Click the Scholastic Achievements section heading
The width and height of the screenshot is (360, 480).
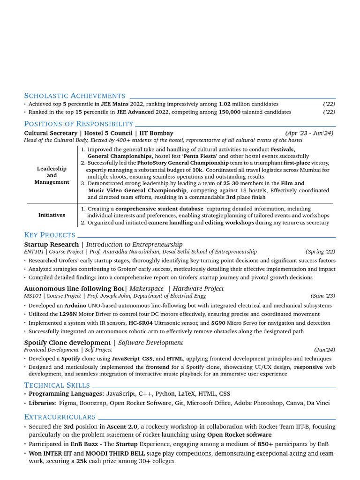tap(75, 96)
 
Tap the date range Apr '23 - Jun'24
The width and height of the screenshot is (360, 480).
tap(309, 133)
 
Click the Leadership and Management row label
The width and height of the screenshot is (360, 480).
tap(52, 175)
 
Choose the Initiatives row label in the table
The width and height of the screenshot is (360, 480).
tap(52, 215)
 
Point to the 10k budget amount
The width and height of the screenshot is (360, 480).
tap(197, 170)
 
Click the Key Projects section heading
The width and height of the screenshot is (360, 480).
tap(50, 235)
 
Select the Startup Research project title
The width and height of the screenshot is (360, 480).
tap(52, 244)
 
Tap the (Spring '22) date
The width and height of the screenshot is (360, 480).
tap(320, 252)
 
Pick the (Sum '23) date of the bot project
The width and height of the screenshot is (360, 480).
tap(322, 296)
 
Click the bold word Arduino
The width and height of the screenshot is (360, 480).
tap(75, 306)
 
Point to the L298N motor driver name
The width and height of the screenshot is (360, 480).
tap(68, 314)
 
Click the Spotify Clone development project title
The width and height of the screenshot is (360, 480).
tap(67, 343)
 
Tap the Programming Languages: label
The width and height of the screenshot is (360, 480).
tap(66, 394)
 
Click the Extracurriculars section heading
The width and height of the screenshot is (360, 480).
tap(60, 417)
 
